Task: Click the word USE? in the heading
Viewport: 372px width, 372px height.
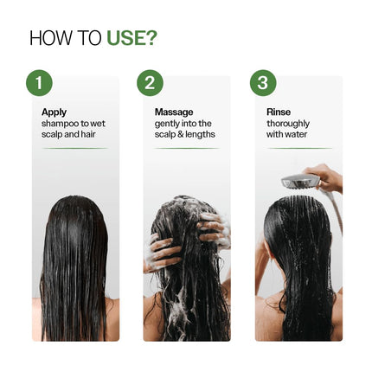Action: coord(131,38)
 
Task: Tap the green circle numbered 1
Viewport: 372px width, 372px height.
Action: coord(39,83)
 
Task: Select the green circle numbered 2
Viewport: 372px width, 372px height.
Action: coord(150,83)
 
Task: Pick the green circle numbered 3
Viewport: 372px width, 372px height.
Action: coord(263,83)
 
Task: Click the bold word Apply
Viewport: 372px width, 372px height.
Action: coord(54,112)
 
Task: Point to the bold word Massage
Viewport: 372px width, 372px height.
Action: coord(173,112)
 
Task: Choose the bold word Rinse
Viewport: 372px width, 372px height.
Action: coord(279,112)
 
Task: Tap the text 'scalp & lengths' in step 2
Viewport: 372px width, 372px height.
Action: coord(184,135)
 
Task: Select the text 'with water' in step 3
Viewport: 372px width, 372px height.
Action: coord(286,135)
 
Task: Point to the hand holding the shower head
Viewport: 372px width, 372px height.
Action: coord(327,177)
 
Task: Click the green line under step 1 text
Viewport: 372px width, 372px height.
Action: coord(75,148)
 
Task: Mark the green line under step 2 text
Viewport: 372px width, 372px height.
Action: coord(186,148)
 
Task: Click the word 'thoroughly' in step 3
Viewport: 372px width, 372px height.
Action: coord(288,124)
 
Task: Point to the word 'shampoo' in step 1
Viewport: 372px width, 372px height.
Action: coord(57,124)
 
